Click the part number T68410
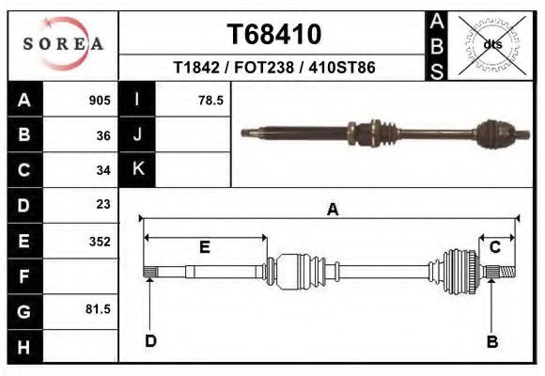coord(274,35)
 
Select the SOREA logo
coord(63,43)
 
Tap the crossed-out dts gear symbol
coord(490,43)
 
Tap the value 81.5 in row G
coord(99,308)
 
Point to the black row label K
coord(137,170)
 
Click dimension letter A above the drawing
coord(332,211)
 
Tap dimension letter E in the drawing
coord(205,248)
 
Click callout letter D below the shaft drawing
coord(150,340)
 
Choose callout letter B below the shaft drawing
coord(491,342)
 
